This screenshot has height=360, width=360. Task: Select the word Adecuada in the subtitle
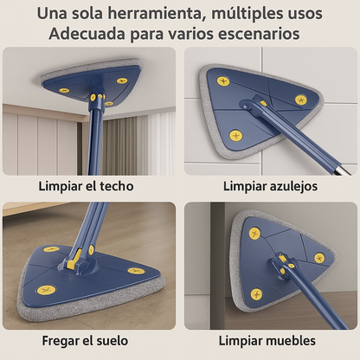coord(84,35)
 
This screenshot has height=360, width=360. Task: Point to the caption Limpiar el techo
coord(89,186)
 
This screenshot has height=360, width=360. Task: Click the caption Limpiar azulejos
coord(269,186)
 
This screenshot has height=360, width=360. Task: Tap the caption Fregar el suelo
coord(89,340)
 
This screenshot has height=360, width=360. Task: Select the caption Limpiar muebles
coord(269,340)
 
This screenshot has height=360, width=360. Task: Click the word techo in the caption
coord(123,186)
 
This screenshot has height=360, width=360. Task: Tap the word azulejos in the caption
coord(293,186)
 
